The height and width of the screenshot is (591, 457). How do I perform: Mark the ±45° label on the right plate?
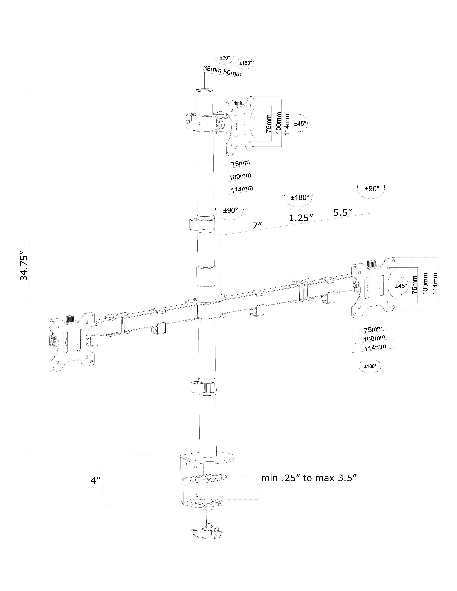click(401, 286)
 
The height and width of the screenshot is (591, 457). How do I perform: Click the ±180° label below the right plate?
click(370, 366)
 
